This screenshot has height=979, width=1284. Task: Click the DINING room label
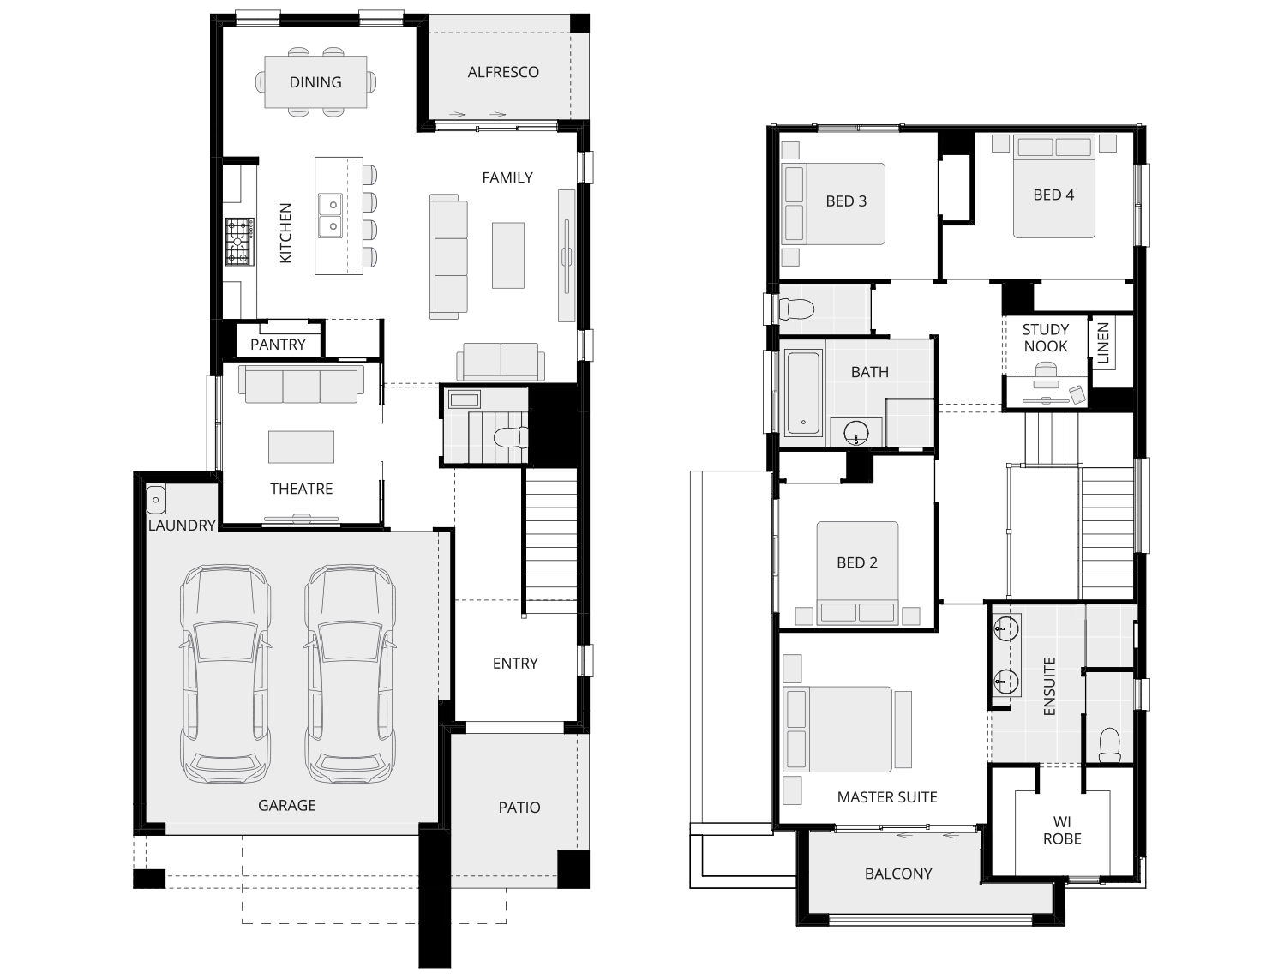(315, 82)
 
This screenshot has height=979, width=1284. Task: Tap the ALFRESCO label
(503, 72)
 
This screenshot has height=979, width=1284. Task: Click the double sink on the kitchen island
(329, 215)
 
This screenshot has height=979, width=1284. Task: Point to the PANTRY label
(278, 345)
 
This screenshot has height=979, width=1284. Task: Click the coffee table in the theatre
(301, 447)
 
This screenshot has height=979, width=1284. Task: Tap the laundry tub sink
(156, 498)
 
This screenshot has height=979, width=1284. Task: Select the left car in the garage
(225, 673)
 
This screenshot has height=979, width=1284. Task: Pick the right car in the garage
(351, 673)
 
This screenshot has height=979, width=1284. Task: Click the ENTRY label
(515, 664)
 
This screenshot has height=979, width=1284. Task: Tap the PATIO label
(519, 808)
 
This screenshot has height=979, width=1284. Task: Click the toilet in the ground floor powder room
(511, 437)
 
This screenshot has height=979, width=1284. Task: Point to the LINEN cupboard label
(1103, 343)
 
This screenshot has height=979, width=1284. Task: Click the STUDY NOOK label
(1046, 338)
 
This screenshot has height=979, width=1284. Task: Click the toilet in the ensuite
(1109, 744)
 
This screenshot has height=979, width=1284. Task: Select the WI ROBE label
(1062, 831)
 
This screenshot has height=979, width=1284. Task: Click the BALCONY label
(898, 874)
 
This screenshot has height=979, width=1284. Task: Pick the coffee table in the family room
(507, 255)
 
